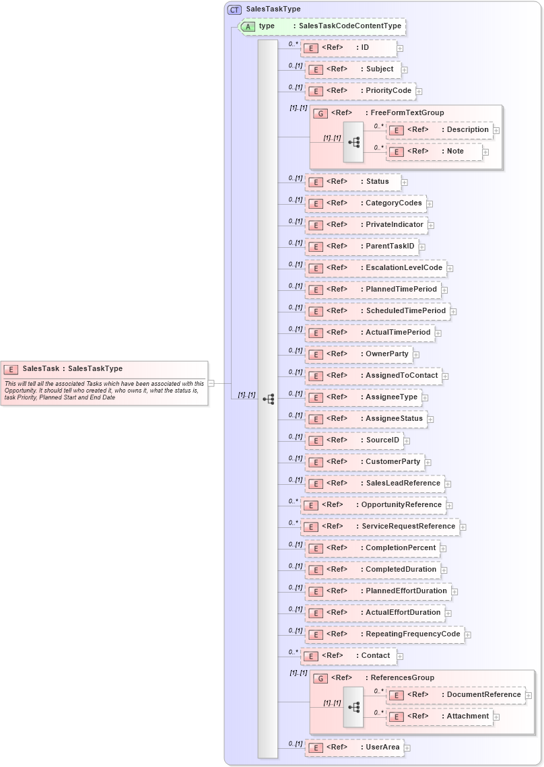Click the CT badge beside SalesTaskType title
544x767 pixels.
(x=234, y=9)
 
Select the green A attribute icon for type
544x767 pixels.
(x=248, y=26)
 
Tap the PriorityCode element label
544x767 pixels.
(x=388, y=91)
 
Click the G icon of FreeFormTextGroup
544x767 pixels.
(x=321, y=113)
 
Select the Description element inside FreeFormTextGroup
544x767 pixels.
(x=468, y=130)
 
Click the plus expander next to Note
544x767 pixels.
(x=485, y=152)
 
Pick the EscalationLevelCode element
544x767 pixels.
(x=404, y=268)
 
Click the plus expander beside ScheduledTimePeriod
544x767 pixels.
(x=454, y=311)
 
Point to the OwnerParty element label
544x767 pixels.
(x=386, y=354)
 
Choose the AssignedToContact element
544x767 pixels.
(x=401, y=376)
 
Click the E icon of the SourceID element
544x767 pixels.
(x=314, y=441)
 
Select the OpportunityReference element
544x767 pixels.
(x=401, y=505)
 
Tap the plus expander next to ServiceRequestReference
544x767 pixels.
(x=463, y=527)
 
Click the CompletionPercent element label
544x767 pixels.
(x=401, y=548)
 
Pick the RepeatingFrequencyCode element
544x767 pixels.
(x=413, y=634)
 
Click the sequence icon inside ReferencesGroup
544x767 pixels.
(x=353, y=708)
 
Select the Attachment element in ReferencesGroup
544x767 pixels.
(x=468, y=716)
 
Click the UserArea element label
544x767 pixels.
(x=382, y=747)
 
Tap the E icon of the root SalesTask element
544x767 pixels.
(x=11, y=369)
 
